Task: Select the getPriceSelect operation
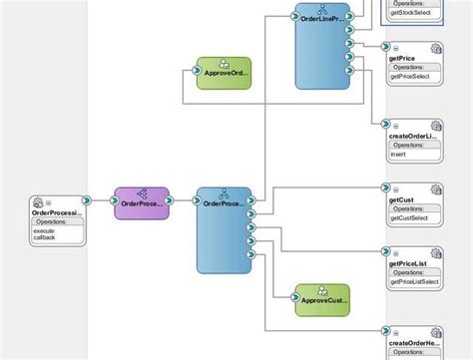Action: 414,76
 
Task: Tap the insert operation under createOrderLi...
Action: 398,155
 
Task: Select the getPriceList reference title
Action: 409,264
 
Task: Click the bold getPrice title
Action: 401,58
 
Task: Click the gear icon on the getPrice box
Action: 435,49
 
